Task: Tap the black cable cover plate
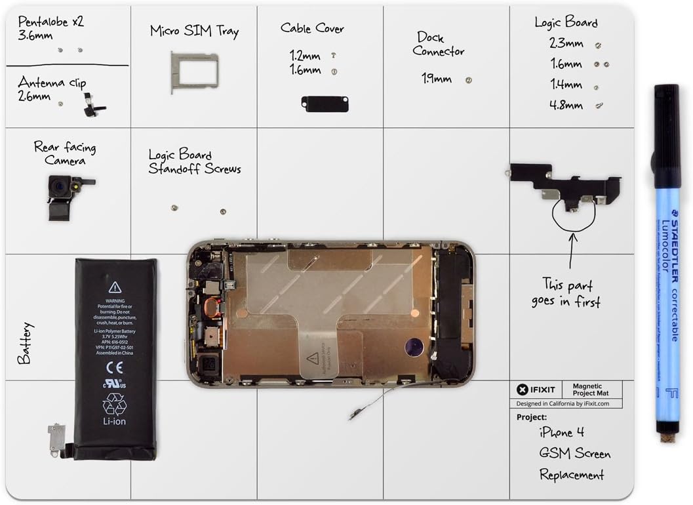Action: coord(325,104)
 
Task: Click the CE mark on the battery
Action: coord(115,368)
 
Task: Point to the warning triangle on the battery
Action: coord(115,287)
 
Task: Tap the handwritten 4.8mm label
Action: coord(566,105)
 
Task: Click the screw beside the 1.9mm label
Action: coord(468,80)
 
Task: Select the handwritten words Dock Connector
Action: coord(439,44)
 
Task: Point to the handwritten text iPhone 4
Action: coord(561,432)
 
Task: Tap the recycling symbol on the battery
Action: coord(115,403)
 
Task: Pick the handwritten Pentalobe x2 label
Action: coord(50,22)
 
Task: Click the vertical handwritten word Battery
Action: coord(25,343)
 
